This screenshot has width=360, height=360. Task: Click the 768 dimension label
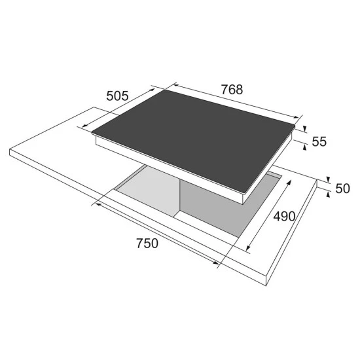(232, 90)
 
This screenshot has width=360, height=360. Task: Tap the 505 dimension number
(117, 96)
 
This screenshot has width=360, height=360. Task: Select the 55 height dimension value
(319, 141)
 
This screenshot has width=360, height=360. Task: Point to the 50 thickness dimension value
(342, 189)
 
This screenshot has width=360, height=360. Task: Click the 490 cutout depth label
(284, 216)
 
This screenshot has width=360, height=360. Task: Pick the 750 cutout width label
(147, 243)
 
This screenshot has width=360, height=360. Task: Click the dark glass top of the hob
(193, 140)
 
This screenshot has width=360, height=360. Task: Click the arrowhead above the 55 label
(305, 129)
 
